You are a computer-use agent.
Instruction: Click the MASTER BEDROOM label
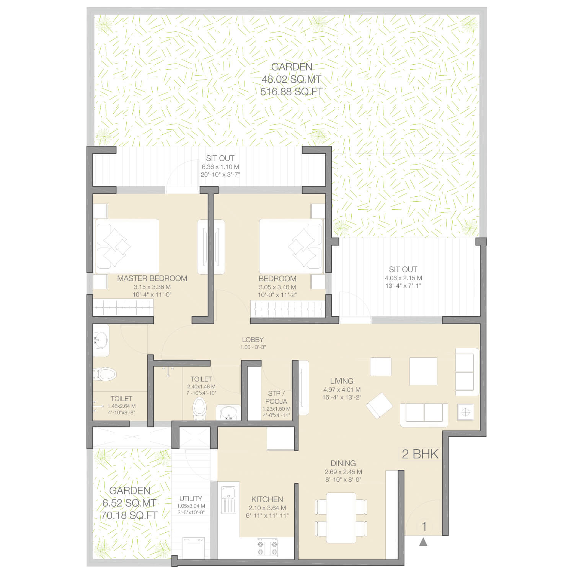point(152,279)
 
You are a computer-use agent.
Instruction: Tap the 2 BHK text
point(420,454)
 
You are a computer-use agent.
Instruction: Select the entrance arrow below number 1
point(423,541)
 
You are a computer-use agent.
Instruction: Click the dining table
point(341,517)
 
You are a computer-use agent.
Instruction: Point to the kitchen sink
point(229,499)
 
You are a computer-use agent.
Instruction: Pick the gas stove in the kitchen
point(267,548)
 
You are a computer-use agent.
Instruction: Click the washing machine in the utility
point(194,548)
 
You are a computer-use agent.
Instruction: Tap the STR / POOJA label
point(276,397)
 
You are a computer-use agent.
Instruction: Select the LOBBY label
point(253,339)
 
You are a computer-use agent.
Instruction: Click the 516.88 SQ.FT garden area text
point(291,92)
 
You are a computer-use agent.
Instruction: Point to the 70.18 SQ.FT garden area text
point(129,515)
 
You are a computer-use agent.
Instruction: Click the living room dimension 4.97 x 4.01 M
point(342,390)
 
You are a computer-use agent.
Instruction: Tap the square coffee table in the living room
point(423,371)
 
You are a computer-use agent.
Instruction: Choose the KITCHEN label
point(267,499)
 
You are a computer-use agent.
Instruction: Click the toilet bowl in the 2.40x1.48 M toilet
point(199,408)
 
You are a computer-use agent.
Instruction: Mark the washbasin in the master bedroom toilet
point(101,339)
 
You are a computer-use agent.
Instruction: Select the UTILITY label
point(191,499)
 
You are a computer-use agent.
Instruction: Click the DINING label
point(343,463)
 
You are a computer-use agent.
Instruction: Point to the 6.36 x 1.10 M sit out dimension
point(220,167)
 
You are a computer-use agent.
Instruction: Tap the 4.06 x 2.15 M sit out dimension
point(403,278)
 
